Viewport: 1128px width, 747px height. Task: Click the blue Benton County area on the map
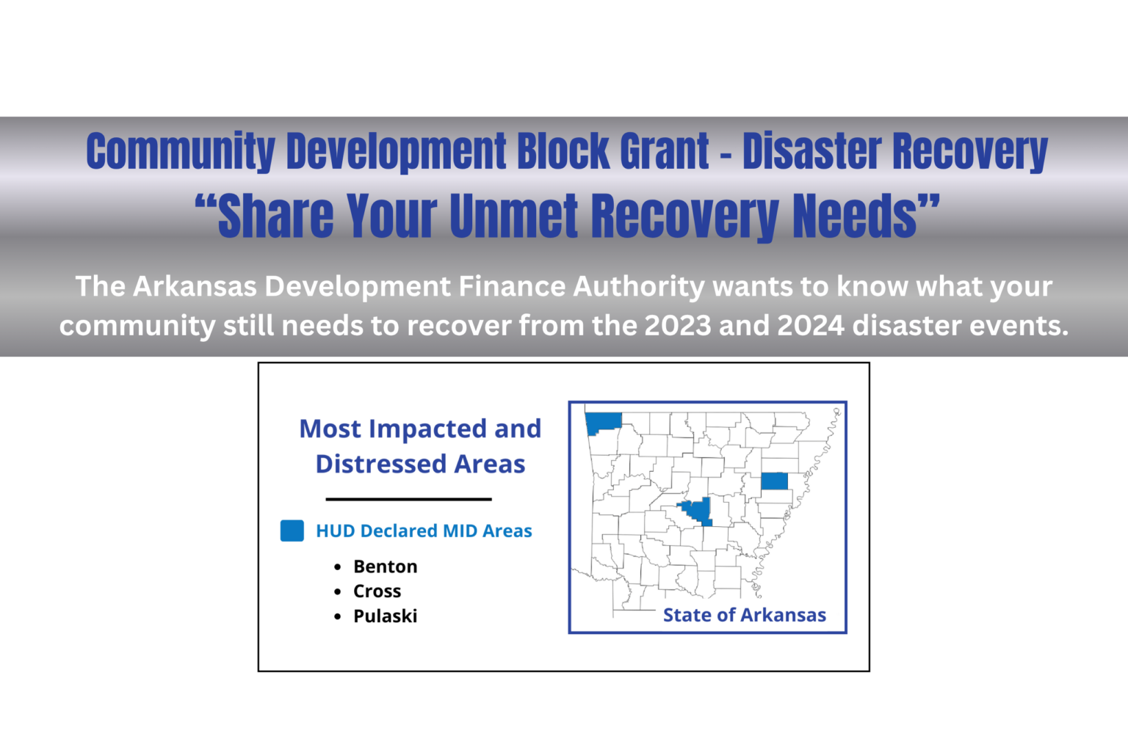pos(604,422)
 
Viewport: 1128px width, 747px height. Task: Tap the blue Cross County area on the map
pos(774,481)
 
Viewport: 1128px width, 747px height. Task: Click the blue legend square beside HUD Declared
pos(292,531)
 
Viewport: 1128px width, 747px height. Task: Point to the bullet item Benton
pos(385,566)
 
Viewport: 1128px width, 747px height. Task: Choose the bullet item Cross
pos(377,591)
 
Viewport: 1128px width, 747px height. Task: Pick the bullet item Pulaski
pos(385,616)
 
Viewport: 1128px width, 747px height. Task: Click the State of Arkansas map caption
pos(744,615)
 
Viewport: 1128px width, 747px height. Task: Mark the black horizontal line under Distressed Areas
pos(408,499)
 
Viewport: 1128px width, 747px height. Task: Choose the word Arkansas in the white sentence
pos(195,286)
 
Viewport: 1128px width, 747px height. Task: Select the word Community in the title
pos(180,151)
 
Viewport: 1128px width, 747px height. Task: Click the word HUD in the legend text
pos(336,531)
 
